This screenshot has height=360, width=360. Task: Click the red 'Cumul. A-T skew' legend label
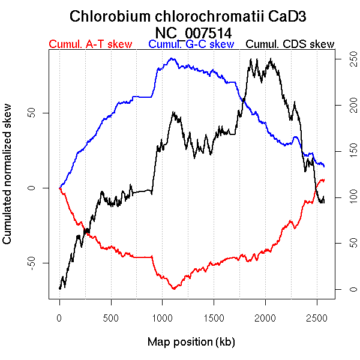pos(91,44)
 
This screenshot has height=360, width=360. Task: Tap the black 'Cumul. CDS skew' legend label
pos(290,44)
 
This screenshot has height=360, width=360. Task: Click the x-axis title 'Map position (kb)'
pos(191,342)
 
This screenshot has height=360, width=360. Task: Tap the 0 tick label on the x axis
pos(59,316)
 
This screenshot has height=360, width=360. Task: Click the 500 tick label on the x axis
pos(111,316)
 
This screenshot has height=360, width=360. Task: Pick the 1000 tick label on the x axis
pos(163,316)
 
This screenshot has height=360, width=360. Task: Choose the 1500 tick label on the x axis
pos(214,316)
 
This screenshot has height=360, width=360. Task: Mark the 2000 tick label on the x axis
pos(265,316)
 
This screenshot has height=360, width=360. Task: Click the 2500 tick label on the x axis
pos(317,316)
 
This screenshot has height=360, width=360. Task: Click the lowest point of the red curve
pos(173,289)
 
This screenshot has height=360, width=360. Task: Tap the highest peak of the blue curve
pos(172,58)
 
